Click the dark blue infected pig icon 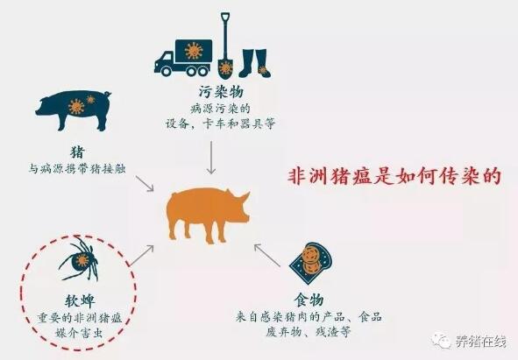(73, 109)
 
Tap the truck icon (183, 58)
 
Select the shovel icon (225, 46)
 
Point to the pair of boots (254, 63)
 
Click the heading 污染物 (221, 92)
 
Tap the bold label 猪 (78, 152)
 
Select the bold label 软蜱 (79, 300)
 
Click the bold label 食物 (309, 300)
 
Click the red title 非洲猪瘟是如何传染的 (394, 176)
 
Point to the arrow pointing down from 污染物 (210, 158)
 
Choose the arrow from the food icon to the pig (267, 254)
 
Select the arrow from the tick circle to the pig (141, 255)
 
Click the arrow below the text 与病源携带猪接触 (145, 183)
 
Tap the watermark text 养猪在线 (481, 342)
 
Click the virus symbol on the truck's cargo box (194, 51)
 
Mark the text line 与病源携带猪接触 (77, 169)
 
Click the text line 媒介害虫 (79, 332)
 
